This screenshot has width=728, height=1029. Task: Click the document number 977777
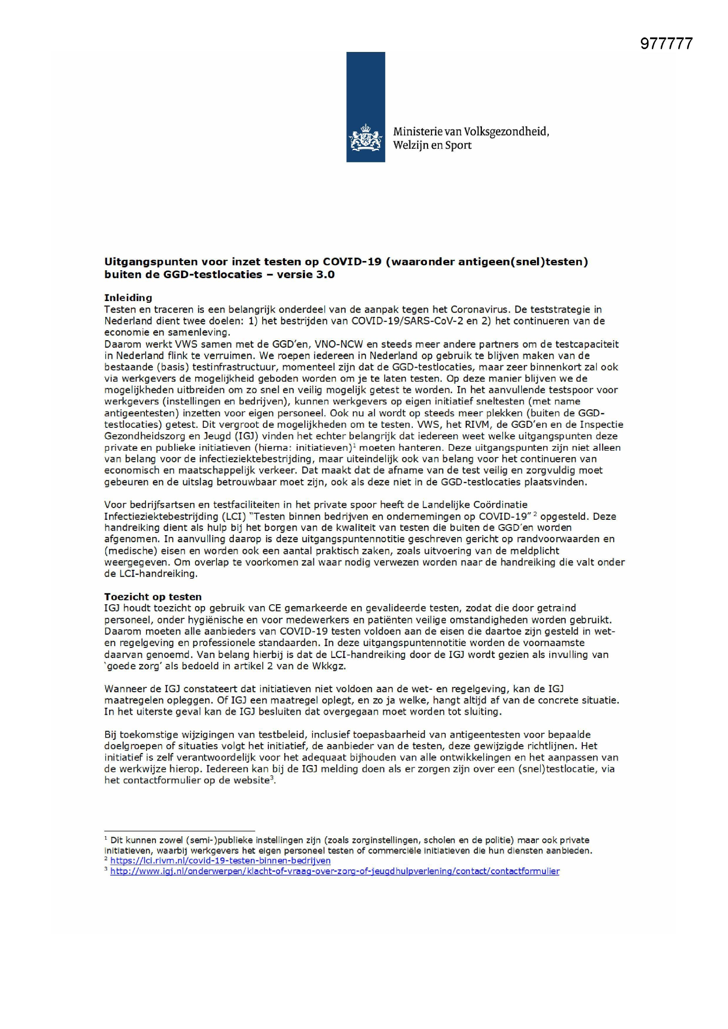[666, 44]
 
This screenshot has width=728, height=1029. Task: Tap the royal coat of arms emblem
[365, 138]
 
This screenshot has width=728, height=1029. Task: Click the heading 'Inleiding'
[128, 298]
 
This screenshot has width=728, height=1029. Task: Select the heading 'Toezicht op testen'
[153, 596]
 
